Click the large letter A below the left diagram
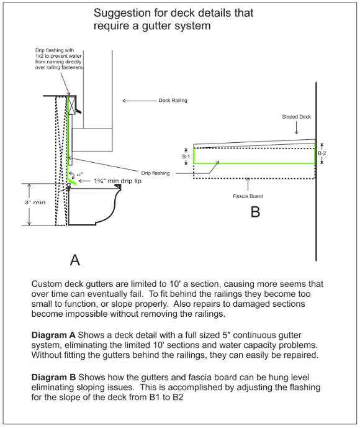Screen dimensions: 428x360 pyautogui.click(x=75, y=260)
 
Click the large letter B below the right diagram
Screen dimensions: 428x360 pyautogui.click(x=255, y=212)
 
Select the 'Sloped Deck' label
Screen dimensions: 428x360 pyautogui.click(x=297, y=116)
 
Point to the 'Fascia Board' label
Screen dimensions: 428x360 pyautogui.click(x=248, y=196)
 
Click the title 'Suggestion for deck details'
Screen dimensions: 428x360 pyautogui.click(x=173, y=13)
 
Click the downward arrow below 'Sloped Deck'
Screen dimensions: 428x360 pyautogui.click(x=297, y=128)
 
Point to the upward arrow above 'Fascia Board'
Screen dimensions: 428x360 pyautogui.click(x=248, y=183)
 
